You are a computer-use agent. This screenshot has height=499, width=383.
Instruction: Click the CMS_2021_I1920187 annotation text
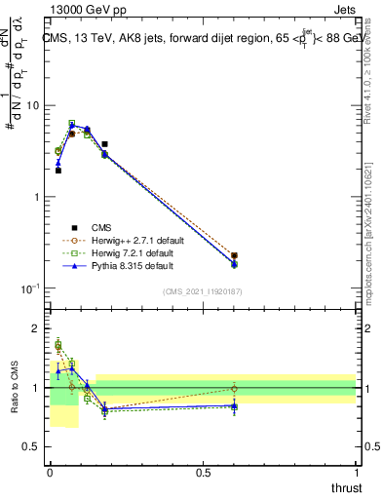(202, 291)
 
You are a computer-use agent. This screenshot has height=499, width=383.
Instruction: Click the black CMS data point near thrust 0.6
(234, 256)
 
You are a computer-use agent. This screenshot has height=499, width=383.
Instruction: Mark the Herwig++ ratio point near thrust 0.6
(234, 388)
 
